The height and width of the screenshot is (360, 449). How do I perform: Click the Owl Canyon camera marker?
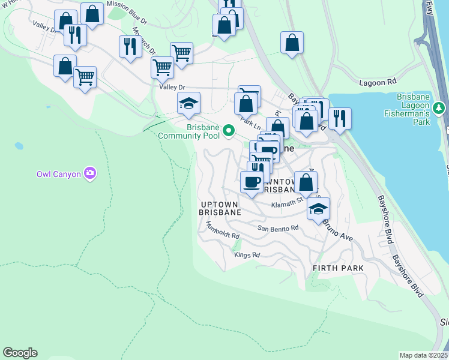90,174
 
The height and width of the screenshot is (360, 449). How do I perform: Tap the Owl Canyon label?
58,175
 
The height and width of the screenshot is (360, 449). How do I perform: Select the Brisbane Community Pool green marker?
228,130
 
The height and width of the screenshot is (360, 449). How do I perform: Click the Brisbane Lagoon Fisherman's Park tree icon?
440,108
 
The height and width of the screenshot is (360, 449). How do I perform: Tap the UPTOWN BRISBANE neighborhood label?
220,208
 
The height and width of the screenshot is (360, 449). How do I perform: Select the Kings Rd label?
247,255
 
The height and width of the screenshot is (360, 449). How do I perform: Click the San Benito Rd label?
278,229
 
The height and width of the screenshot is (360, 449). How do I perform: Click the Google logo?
20,353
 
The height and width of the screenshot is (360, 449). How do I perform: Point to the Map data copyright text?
424,355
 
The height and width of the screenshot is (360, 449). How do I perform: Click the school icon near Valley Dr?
188,103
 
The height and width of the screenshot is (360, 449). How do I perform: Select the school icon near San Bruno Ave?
318,209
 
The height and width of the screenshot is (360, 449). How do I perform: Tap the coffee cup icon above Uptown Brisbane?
251,181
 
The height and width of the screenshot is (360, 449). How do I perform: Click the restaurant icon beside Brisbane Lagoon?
340,118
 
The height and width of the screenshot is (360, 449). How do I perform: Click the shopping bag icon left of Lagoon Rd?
292,42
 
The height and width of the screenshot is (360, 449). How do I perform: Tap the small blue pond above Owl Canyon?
19,146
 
